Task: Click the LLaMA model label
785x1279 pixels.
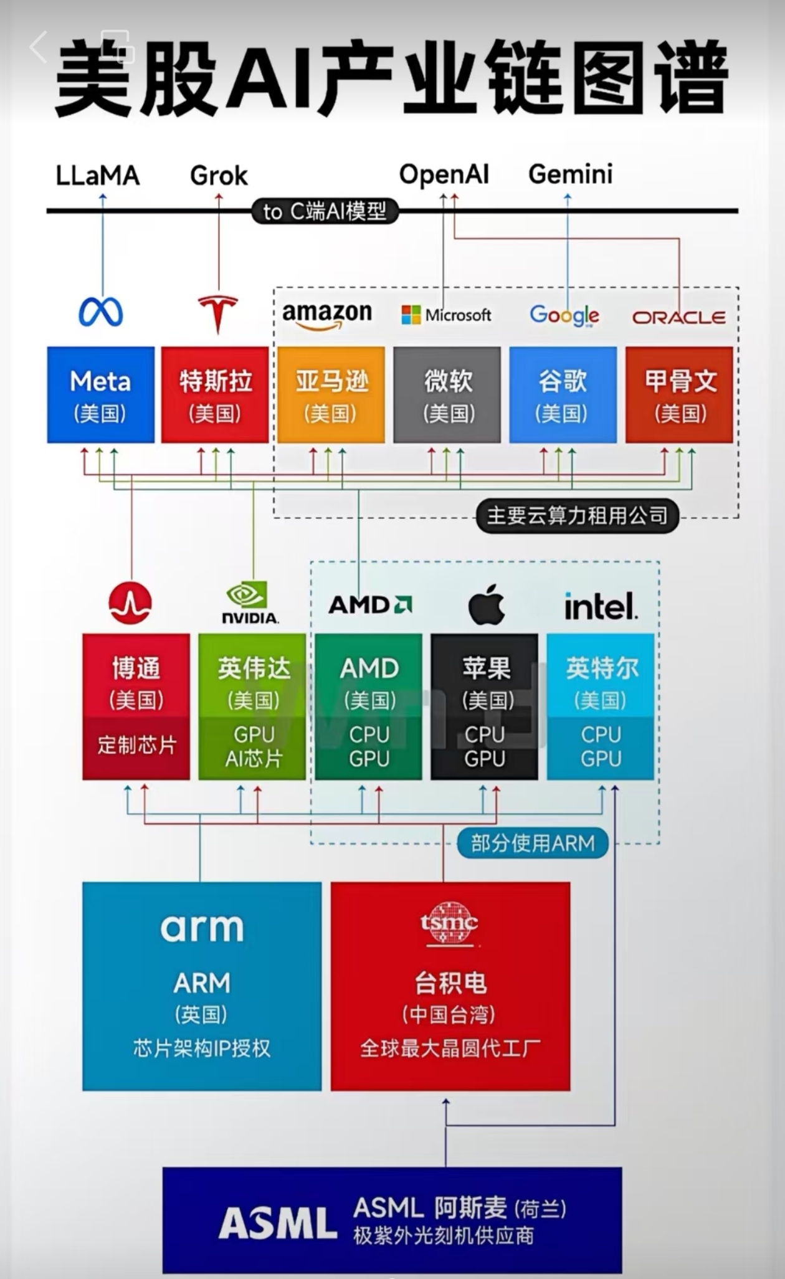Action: pyautogui.click(x=98, y=176)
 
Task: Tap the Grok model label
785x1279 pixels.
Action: pyautogui.click(x=219, y=176)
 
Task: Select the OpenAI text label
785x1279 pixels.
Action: pyautogui.click(x=444, y=174)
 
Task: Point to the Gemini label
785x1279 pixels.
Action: pyautogui.click(x=570, y=174)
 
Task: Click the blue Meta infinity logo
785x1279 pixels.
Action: pyautogui.click(x=100, y=312)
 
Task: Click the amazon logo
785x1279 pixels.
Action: pyautogui.click(x=327, y=314)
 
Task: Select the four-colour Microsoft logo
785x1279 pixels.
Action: pyautogui.click(x=411, y=315)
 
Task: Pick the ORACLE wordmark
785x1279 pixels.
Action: pyautogui.click(x=678, y=318)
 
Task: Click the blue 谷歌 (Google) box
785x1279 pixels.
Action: pyautogui.click(x=563, y=395)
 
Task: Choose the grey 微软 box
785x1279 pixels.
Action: pyautogui.click(x=447, y=395)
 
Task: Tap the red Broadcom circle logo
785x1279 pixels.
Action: pyautogui.click(x=130, y=603)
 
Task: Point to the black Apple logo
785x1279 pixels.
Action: pyautogui.click(x=487, y=604)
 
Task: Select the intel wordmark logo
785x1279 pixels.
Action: pyautogui.click(x=601, y=606)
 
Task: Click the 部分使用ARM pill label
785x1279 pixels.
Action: pyautogui.click(x=533, y=844)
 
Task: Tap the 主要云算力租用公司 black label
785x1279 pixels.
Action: pyautogui.click(x=577, y=516)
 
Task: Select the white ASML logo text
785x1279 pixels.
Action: pyautogui.click(x=278, y=1223)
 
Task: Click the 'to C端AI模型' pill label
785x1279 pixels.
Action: pyautogui.click(x=325, y=212)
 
